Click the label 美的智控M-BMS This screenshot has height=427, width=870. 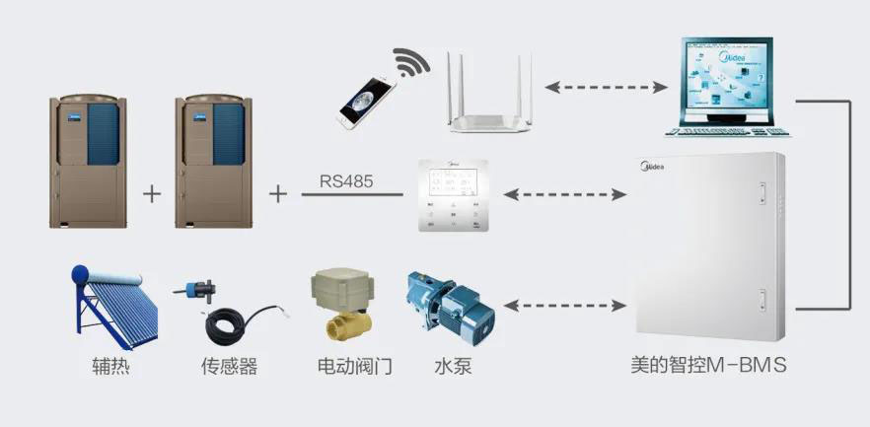708,366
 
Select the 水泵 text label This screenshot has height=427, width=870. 452,367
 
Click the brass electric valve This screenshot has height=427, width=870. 339,305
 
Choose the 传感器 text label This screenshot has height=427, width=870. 229,367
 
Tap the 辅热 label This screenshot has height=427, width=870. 107,367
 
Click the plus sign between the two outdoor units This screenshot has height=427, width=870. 151,193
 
